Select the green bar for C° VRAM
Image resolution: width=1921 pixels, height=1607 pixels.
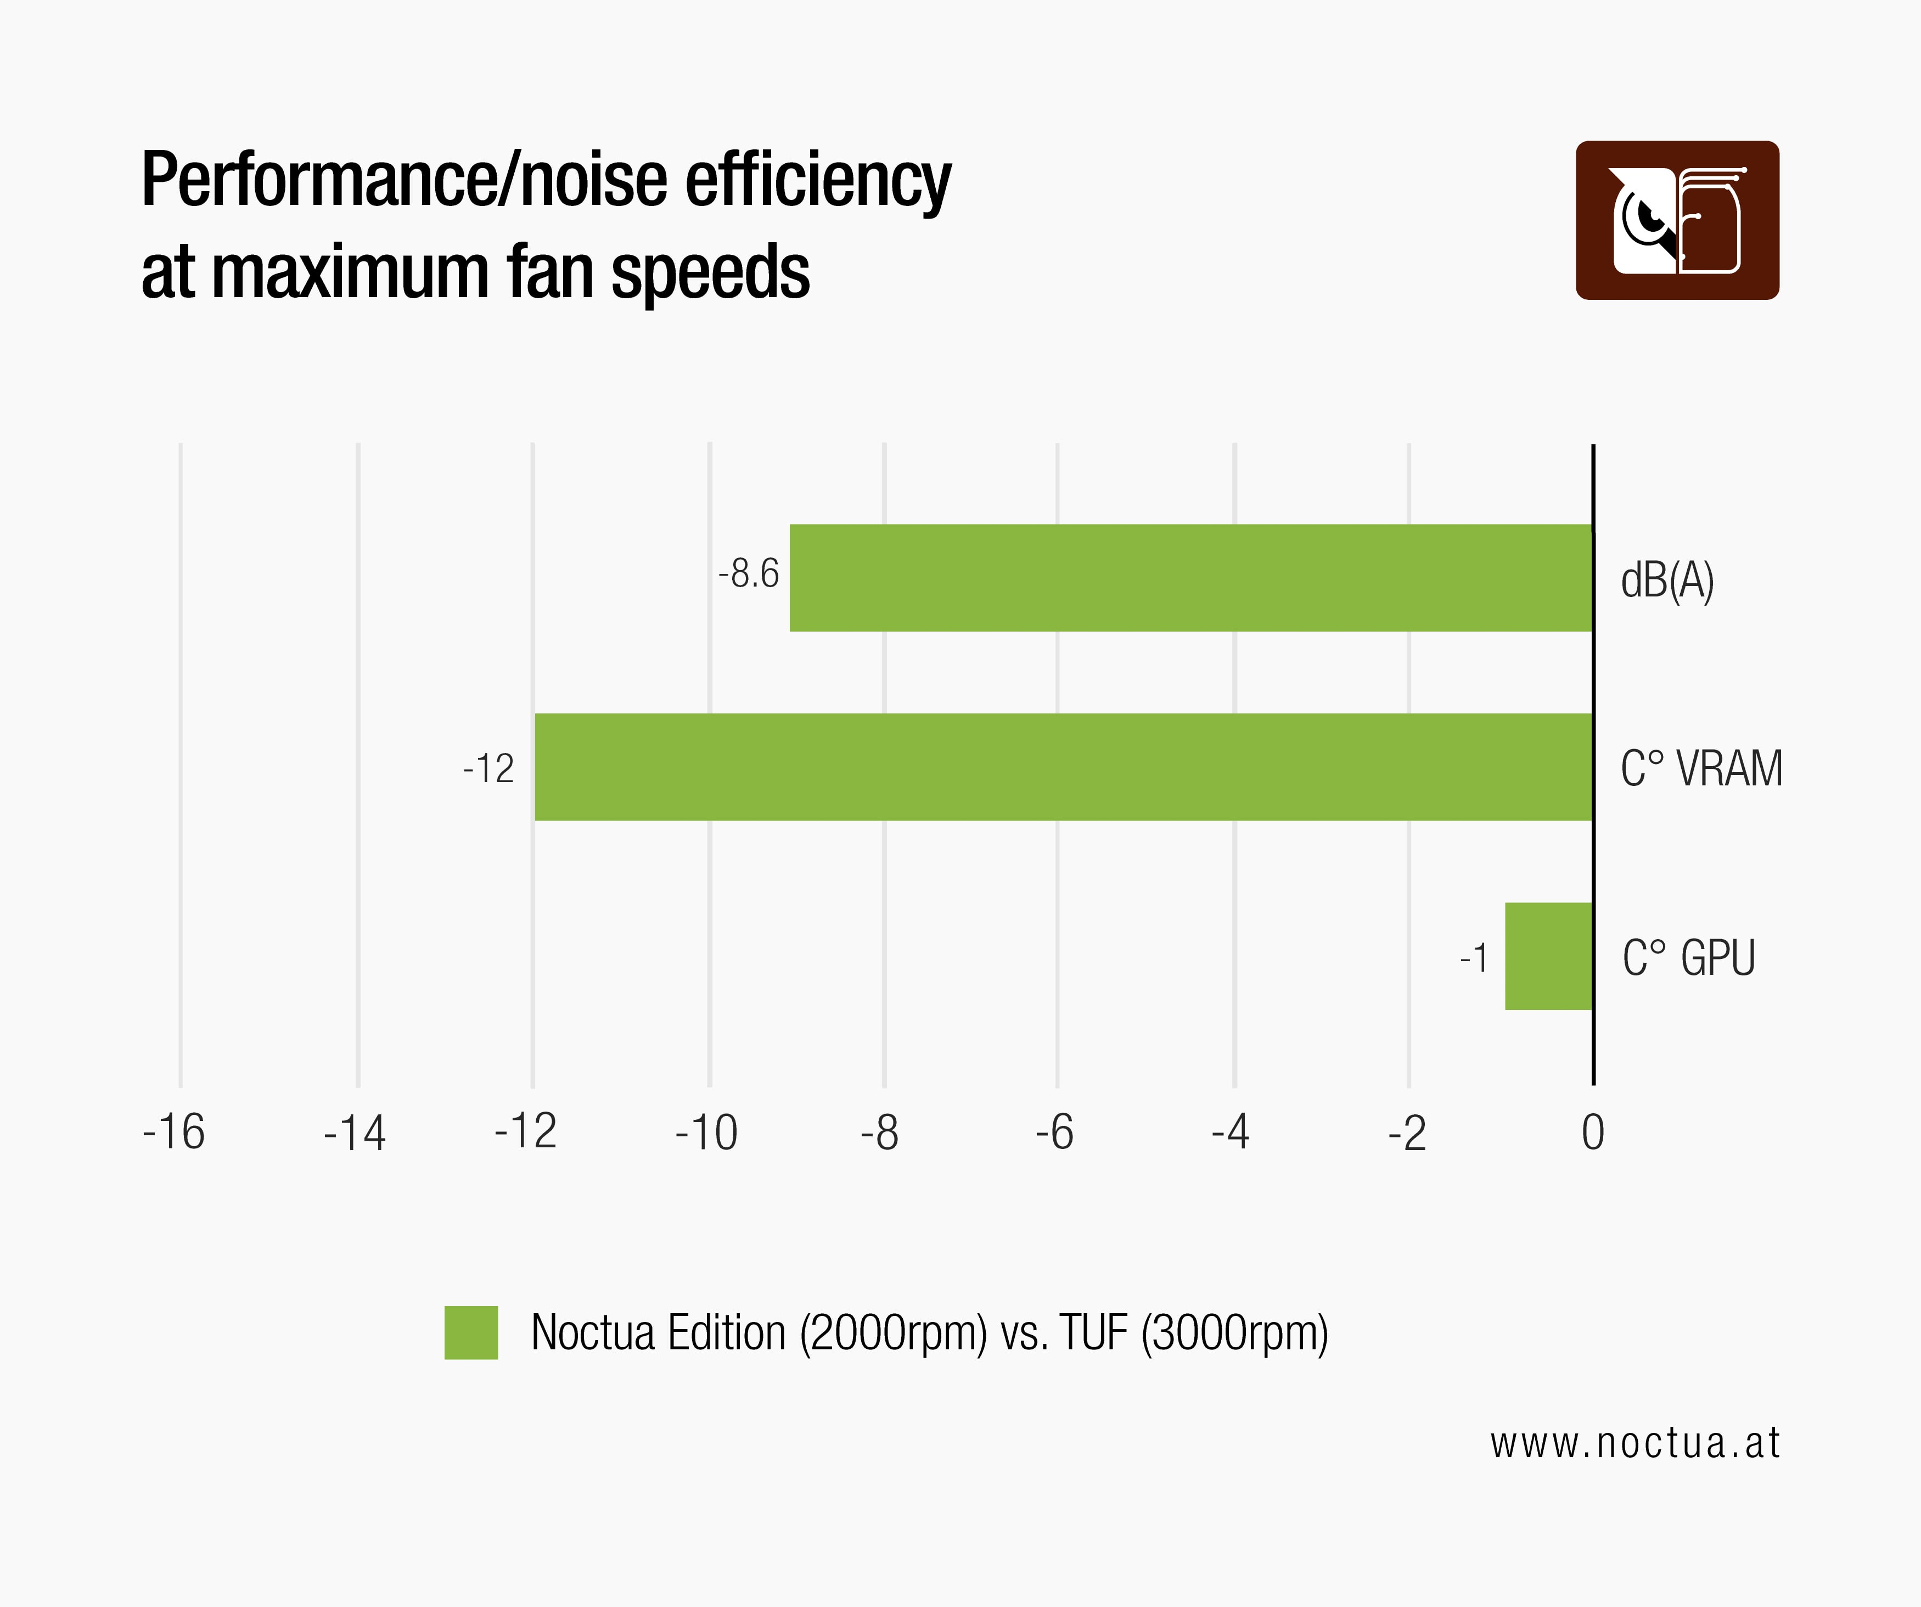[x=1063, y=767]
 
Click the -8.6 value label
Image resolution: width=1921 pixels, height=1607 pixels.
[x=748, y=574]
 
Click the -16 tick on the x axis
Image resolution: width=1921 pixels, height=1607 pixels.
[x=174, y=1133]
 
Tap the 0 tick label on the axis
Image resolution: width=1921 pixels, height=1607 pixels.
[x=1593, y=1133]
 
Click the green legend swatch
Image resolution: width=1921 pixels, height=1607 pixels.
[x=471, y=1332]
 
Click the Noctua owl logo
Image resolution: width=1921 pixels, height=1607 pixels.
[x=1677, y=221]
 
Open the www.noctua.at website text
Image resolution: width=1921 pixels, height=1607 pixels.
[x=1634, y=1444]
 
